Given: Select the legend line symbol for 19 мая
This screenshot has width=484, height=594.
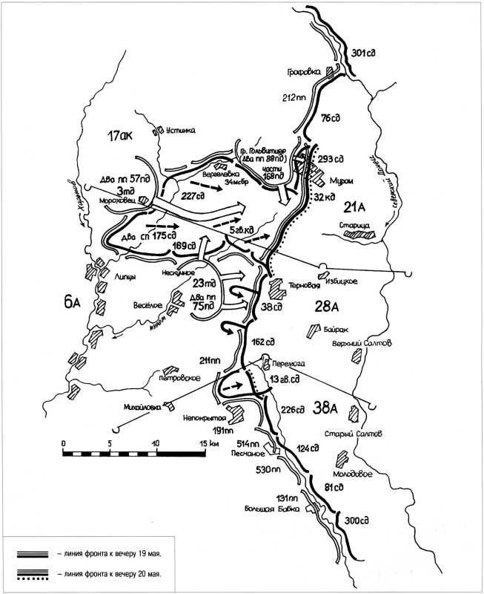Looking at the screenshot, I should click(33, 554).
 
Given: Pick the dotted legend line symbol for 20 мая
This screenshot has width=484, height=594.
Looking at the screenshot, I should click(33, 574).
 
